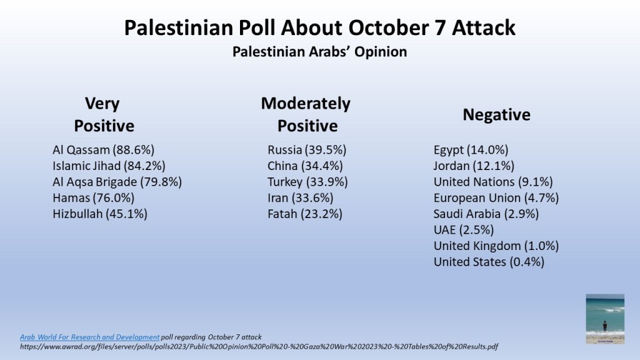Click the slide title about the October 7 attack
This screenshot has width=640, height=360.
(319, 28)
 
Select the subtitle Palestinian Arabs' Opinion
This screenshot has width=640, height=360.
(319, 52)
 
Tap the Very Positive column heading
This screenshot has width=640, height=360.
(104, 114)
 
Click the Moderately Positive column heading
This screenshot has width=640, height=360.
(306, 114)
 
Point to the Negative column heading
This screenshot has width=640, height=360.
(496, 115)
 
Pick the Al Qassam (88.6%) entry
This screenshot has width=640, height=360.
(103, 149)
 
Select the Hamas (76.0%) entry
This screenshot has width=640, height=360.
(93, 198)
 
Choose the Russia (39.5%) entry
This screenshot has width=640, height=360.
(307, 149)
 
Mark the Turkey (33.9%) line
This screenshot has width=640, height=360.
(307, 182)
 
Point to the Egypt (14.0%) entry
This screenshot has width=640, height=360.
(471, 149)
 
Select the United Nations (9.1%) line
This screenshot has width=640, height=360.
(493, 182)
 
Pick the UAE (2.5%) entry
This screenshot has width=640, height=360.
(463, 230)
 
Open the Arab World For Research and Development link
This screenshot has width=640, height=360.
(89, 337)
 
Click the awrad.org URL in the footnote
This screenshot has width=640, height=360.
(259, 346)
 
